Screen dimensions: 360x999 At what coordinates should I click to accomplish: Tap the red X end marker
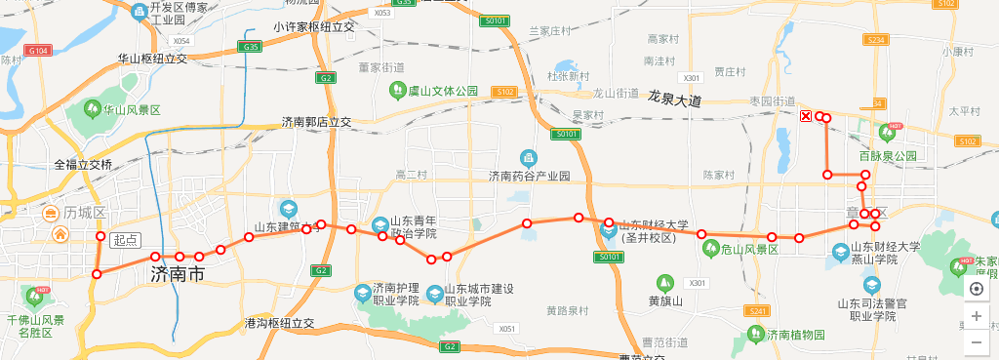[x=805, y=117]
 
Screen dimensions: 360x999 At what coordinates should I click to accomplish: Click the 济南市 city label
[x=178, y=275]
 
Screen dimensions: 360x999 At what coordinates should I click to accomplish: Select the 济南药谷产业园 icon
[x=528, y=158]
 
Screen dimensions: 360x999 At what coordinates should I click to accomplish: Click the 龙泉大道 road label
[x=674, y=100]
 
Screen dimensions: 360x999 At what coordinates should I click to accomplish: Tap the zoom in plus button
[x=977, y=316]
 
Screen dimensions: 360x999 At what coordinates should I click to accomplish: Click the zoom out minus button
[x=977, y=342]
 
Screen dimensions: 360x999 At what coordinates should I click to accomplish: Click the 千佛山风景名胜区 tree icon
[x=40, y=295]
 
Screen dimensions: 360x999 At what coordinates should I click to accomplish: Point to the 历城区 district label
[x=84, y=213]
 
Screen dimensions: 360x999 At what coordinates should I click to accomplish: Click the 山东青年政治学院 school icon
[x=380, y=222]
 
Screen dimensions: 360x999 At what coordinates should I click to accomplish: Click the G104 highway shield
[x=39, y=49]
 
